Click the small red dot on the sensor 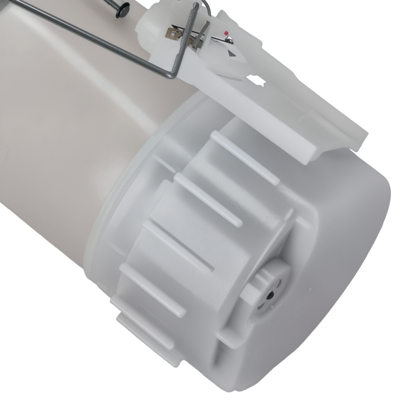point(226,33)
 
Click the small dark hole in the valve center point(270,295)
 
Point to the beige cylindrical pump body point(62,145)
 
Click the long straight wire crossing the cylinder point(83,29)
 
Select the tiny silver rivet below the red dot point(228,39)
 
